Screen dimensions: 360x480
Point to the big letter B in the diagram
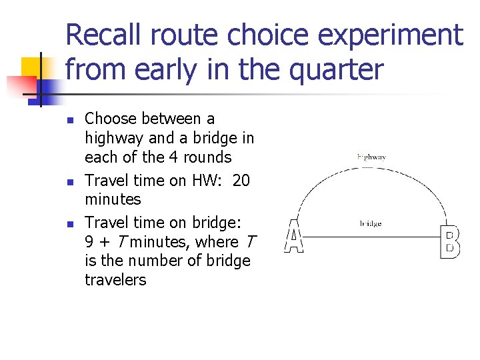click(x=450, y=242)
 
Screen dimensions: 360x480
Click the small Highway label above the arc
click(x=371, y=157)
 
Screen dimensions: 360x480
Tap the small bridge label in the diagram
click(x=370, y=224)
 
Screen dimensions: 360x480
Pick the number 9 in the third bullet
click(x=89, y=242)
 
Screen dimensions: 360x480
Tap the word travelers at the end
click(x=115, y=280)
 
